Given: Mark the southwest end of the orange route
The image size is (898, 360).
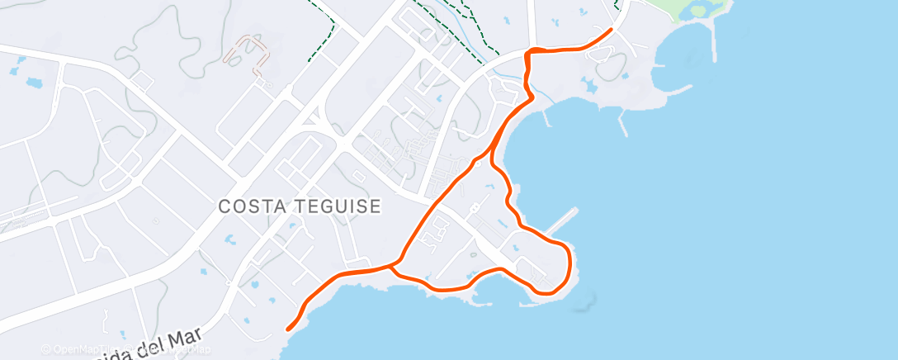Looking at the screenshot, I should tap(288, 329).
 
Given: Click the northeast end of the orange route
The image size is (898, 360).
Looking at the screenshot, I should tap(611, 30).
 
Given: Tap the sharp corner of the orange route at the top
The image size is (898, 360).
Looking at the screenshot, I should tap(529, 52).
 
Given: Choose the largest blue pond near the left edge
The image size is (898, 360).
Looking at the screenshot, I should tap(34, 83).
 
